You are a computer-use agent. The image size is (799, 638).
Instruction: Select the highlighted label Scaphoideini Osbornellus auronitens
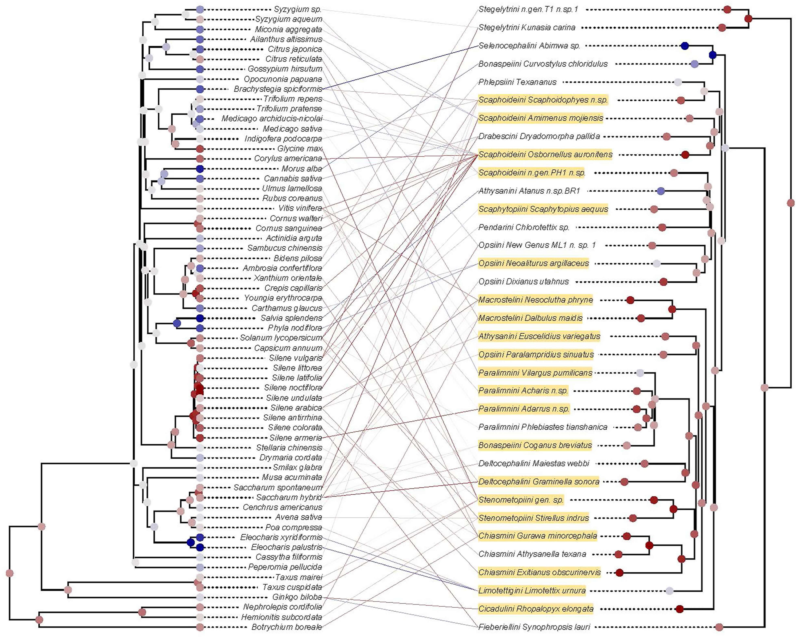[545, 154]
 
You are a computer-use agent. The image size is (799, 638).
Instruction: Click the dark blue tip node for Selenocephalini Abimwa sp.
[685, 46]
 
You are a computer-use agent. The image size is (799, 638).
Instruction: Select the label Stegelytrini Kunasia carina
[527, 27]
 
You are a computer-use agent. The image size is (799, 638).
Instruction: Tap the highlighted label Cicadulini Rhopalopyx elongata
[536, 609]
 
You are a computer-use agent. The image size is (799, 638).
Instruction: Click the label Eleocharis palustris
[287, 547]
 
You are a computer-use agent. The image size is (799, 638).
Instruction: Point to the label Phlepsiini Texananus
[517, 82]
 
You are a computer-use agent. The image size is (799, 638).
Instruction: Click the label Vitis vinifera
[300, 208]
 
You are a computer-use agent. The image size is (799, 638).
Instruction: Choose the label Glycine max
[300, 149]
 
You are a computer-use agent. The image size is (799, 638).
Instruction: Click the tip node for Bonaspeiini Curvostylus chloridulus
[694, 64]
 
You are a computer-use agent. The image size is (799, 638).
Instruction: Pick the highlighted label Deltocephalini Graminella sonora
[539, 482]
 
